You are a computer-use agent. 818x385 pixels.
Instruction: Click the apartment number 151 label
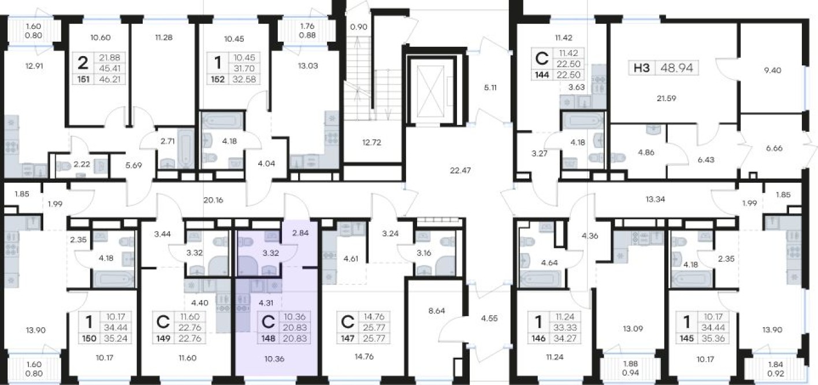coord(83,79)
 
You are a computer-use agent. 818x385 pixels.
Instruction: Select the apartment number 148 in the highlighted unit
coord(268,339)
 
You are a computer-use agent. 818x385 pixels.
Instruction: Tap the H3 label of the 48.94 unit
coord(642,68)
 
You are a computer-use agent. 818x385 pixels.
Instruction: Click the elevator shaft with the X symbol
coord(431,91)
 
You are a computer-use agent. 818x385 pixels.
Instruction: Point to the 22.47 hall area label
coord(460,170)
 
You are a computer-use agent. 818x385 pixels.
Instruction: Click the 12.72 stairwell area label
coord(371,142)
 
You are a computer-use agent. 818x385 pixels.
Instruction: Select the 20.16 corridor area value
coord(213,200)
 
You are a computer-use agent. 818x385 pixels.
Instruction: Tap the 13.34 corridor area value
coord(656,199)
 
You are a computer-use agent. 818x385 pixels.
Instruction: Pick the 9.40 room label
coord(772,71)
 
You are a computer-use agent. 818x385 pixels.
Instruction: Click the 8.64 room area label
coord(437,311)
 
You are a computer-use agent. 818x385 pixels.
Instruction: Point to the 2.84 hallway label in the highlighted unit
coord(300,233)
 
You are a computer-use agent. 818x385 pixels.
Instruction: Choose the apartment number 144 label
coord(542,75)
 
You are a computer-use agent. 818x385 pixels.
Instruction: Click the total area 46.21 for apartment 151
coord(110,79)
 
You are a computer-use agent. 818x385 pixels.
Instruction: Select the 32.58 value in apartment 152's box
coord(244,79)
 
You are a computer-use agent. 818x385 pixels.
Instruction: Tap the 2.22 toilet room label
coord(81,164)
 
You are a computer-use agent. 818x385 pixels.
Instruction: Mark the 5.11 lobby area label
coord(490,88)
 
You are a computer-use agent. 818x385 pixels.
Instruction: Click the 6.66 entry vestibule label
coord(774,148)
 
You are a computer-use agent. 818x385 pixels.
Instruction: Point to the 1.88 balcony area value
coord(630,364)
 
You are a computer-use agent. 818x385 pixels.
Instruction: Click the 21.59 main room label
coord(667,98)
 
